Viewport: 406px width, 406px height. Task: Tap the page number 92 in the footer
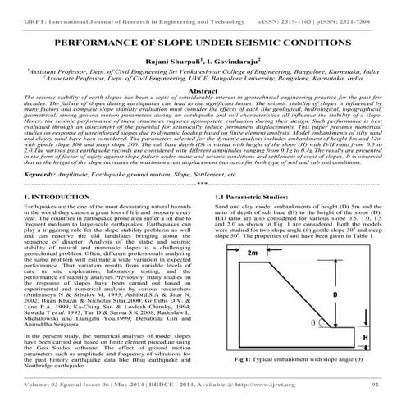pos(375,395)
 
